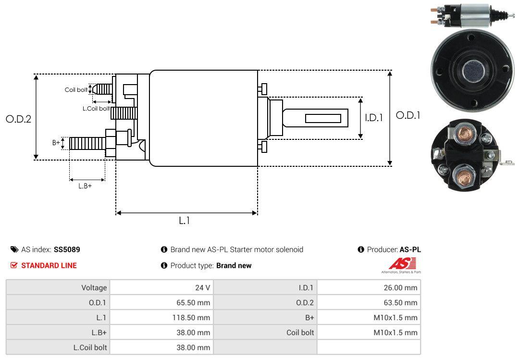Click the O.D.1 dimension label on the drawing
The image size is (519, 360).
[x=408, y=115]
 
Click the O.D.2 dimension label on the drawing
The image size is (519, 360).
[x=18, y=119]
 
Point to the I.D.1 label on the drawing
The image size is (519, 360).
[x=373, y=117]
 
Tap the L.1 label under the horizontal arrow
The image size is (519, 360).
[x=185, y=221]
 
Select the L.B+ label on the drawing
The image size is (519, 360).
[x=85, y=186]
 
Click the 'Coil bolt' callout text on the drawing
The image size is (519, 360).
[x=76, y=90]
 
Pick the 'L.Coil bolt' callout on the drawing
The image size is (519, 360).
[x=96, y=109]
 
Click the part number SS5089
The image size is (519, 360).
[x=67, y=249]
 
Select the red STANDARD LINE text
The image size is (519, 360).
[x=49, y=265]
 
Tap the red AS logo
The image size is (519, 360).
[x=398, y=263]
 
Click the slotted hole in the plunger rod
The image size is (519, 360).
[x=323, y=118]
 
